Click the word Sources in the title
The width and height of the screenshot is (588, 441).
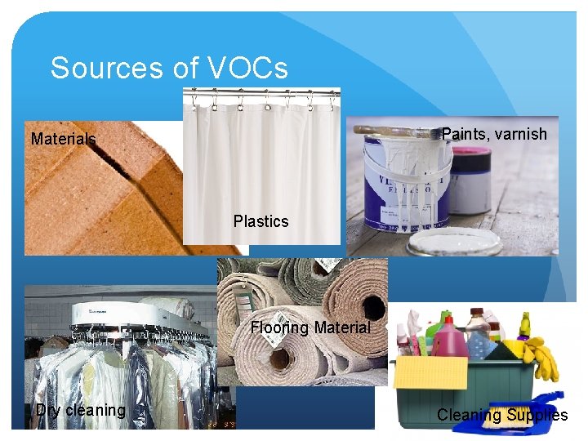pos(99,68)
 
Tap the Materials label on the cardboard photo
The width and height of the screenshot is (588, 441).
pos(63,139)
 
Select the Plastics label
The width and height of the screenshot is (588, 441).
pos(261,220)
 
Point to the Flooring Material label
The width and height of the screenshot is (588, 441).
pos(310,327)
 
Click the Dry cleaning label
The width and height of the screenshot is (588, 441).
pos(80,410)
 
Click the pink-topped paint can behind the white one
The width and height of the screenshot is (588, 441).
pos(471,180)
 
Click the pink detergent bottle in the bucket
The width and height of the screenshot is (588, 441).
pos(451,339)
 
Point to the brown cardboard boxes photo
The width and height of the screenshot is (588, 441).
pos(98,196)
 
